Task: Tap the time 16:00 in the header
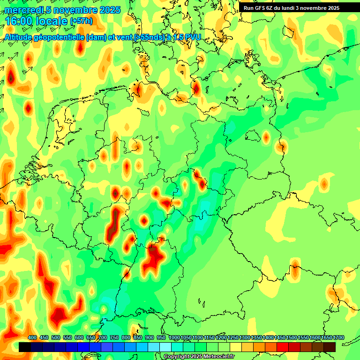click(x=20, y=21)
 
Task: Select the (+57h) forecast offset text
click(x=81, y=22)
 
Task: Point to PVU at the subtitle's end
click(x=192, y=37)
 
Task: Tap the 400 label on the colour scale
click(x=32, y=337)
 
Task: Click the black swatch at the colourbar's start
click(x=25, y=347)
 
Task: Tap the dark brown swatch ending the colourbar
click(x=330, y=347)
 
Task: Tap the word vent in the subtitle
click(x=124, y=37)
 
